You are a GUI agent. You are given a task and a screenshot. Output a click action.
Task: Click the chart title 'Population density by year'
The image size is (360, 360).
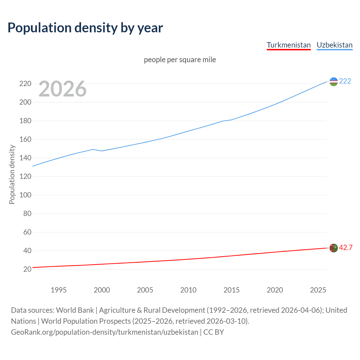(85, 28)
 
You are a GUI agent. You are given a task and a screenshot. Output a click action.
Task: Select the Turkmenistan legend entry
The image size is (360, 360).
(289, 45)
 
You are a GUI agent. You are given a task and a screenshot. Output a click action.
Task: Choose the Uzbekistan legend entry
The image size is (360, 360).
(334, 45)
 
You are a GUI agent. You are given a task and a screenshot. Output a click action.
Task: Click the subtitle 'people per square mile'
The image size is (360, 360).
(180, 60)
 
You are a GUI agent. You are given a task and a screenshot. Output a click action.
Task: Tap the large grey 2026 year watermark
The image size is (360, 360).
(62, 89)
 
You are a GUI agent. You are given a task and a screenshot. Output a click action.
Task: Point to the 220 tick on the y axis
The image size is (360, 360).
(25, 84)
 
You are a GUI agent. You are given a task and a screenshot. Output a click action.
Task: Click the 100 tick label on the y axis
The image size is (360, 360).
(25, 195)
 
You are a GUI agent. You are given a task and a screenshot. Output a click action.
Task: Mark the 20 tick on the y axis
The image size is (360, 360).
(27, 269)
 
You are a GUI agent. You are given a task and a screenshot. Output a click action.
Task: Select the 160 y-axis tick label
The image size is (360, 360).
(25, 139)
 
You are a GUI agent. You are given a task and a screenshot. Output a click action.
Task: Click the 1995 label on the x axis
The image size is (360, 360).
(58, 290)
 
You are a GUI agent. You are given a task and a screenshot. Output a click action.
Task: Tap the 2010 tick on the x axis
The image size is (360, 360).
(188, 290)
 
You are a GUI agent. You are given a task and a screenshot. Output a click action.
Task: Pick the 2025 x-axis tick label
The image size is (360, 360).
(318, 290)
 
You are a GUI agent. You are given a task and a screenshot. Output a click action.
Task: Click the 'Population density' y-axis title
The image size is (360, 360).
(12, 174)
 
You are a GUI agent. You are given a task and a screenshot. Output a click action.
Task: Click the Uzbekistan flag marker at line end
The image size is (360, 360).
(333, 82)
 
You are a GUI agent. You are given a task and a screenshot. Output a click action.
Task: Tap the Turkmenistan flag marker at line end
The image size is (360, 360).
(333, 248)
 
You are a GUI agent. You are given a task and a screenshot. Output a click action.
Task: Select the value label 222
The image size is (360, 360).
(345, 81)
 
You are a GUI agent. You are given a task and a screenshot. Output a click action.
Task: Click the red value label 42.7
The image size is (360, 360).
(346, 247)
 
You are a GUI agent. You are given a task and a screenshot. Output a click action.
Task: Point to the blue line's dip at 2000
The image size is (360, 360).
(102, 151)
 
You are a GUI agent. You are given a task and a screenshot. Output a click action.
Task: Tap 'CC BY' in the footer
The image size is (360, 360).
(213, 332)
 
